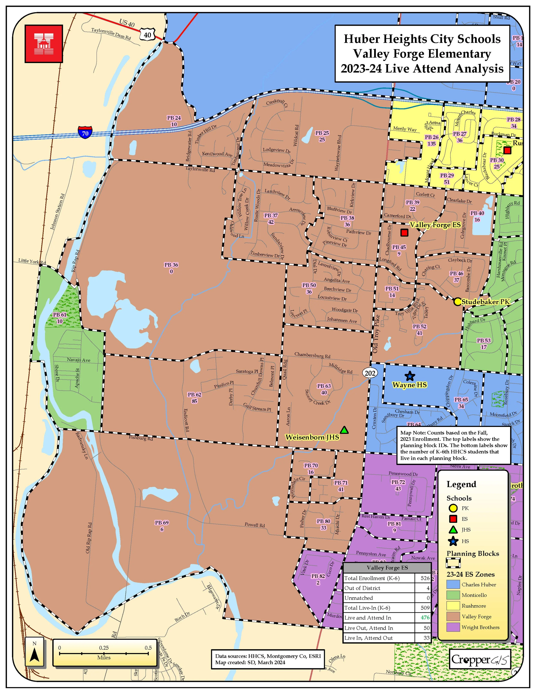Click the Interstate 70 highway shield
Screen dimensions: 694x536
85,132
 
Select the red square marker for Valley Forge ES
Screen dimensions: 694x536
404,233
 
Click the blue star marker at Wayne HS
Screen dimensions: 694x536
410,376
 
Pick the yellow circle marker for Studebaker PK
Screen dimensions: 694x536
457,302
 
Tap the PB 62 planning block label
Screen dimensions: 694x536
194,395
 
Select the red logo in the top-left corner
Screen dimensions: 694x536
44,44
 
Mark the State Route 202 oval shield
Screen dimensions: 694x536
370,373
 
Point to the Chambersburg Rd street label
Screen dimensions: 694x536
312,355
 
